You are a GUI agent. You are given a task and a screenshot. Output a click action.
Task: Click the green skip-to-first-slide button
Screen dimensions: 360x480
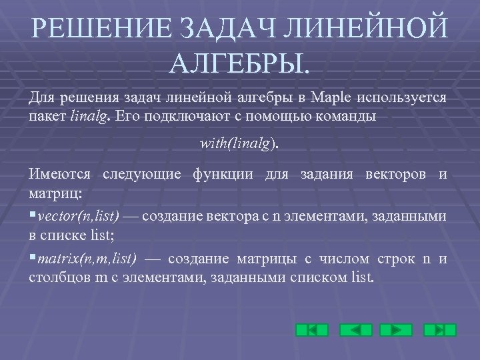tap(312, 329)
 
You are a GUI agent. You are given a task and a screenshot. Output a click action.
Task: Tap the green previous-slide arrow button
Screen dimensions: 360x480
tap(355, 329)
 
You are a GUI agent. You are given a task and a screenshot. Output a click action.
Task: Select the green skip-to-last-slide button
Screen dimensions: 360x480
tap(440, 329)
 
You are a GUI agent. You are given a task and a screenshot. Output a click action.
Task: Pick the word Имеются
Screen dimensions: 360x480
tap(60, 175)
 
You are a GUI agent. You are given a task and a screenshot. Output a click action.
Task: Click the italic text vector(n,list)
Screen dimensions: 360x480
tap(79, 217)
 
